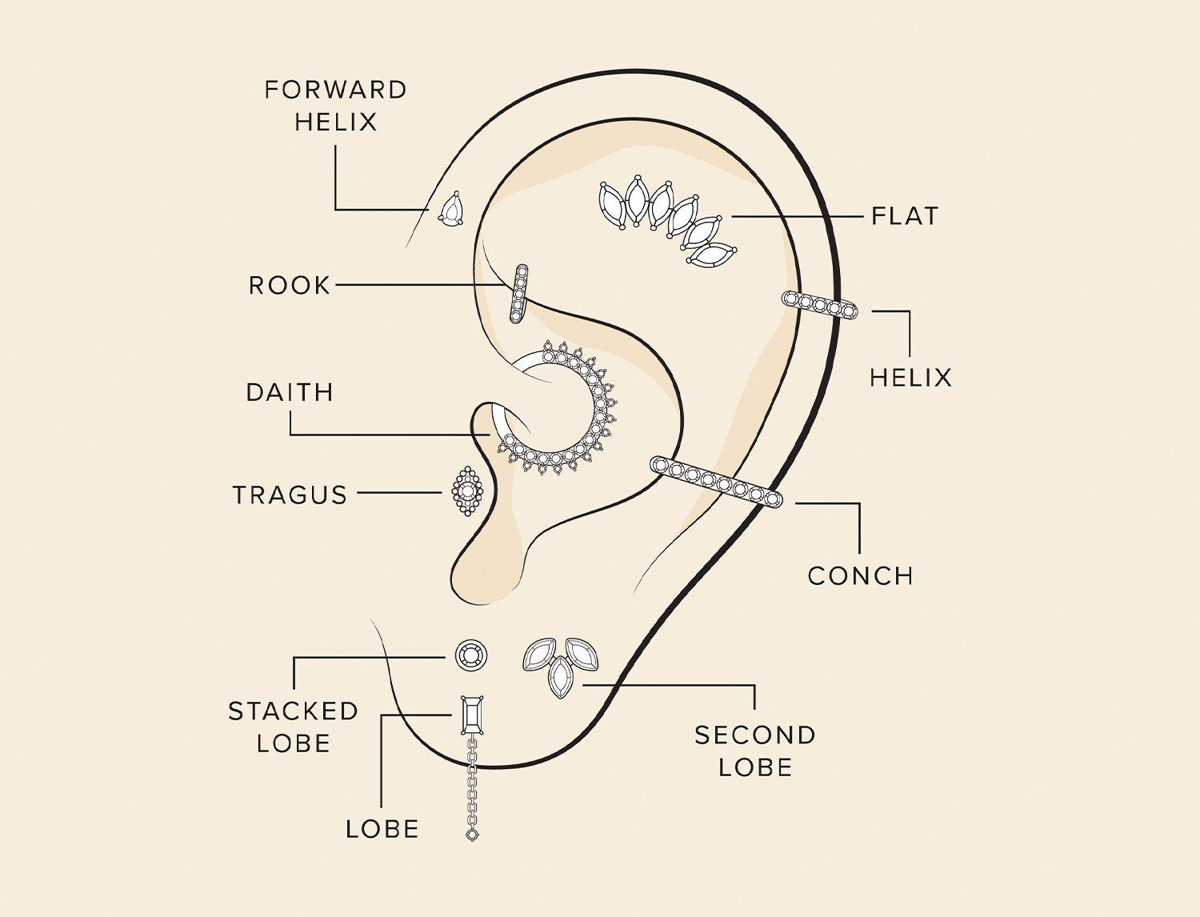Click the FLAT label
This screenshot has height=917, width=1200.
coord(905,216)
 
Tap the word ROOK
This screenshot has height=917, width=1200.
coord(290,286)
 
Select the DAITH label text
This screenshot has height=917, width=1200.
coord(290,392)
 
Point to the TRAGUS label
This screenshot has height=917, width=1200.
coord(290,495)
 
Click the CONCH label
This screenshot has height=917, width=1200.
coord(860,576)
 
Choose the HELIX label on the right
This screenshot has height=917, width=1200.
coord(910,378)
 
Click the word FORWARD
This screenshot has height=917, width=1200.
coord(336,90)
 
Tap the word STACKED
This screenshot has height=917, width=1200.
coord(293,711)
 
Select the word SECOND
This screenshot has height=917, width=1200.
coord(755,735)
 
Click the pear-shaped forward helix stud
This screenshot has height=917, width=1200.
coord(451,210)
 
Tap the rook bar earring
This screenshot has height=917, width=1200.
coord(518,293)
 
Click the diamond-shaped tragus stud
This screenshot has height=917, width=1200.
coord(468,491)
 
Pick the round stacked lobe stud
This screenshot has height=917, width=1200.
coord(471,655)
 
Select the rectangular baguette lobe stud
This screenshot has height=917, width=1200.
coord(471,715)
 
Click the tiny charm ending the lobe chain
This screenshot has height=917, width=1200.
coord(472,834)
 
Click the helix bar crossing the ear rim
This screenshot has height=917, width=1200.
coord(819,305)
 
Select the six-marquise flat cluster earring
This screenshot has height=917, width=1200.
coord(668,221)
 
